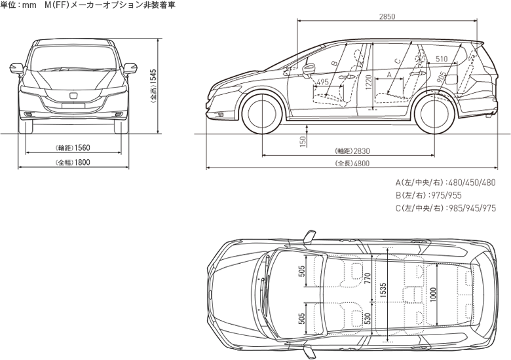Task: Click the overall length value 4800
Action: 358,163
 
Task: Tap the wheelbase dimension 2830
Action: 358,151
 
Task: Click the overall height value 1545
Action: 153,85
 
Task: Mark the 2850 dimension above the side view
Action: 387,16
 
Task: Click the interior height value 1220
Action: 369,83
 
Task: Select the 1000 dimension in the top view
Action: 433,295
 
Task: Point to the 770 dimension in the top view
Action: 368,280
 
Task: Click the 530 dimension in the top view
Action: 368,319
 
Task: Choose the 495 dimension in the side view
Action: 322,82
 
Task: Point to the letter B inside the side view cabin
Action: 333,63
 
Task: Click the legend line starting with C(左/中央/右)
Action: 445,209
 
